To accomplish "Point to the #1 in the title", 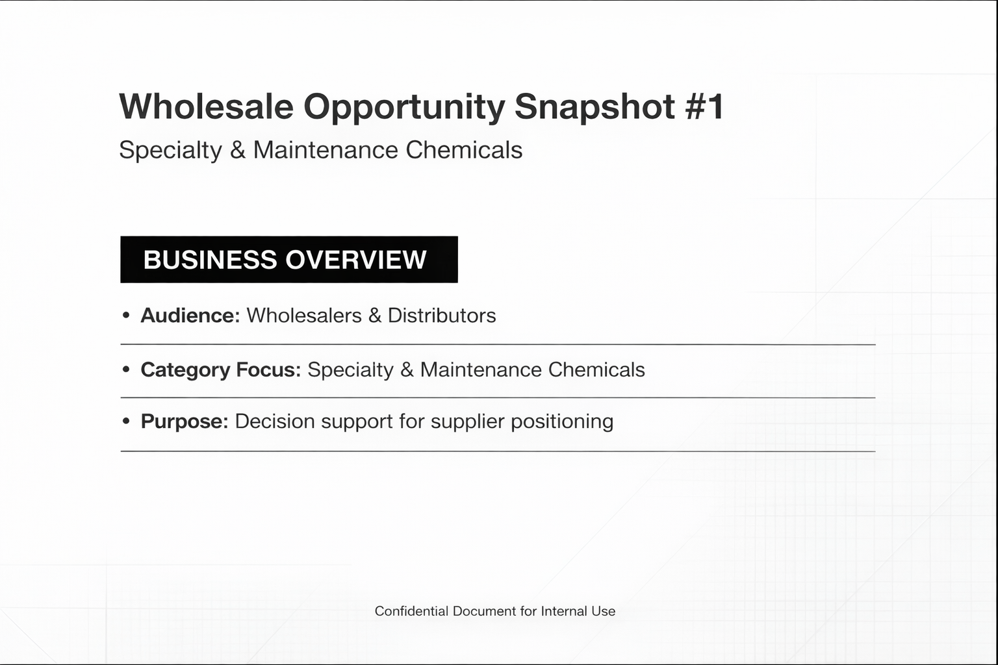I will [x=704, y=107].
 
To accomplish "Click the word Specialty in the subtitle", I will [x=170, y=151].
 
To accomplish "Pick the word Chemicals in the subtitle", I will [x=464, y=150].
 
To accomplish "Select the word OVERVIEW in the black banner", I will [x=355, y=260].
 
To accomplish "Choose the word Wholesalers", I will [x=304, y=316].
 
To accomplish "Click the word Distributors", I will [x=442, y=316].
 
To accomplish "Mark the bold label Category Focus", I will [x=220, y=370].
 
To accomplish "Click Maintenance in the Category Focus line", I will [x=481, y=370].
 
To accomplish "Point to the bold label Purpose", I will [x=184, y=421].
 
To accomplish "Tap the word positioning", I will [x=562, y=422].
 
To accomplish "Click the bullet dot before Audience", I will [x=126, y=316].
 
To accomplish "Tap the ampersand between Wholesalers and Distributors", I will [x=374, y=316].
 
